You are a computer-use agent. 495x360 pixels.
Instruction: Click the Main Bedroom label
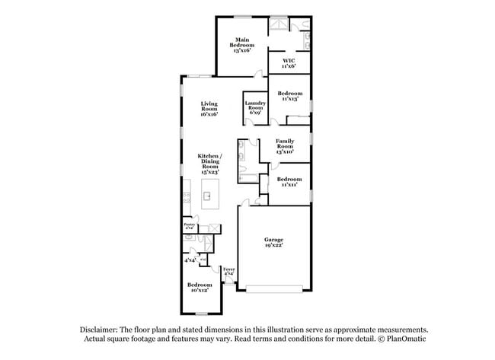point(241,43)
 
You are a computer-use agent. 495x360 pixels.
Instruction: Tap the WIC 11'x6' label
point(289,62)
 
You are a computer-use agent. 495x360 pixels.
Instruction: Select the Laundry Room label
point(254,108)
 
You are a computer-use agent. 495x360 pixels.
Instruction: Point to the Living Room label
point(209,108)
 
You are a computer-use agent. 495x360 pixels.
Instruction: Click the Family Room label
point(285,147)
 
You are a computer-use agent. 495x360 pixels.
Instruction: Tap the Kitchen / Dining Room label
point(209,164)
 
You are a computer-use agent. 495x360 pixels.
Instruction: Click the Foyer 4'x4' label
point(228,271)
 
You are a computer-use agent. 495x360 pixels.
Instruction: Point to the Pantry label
point(190,225)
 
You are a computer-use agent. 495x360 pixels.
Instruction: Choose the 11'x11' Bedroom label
point(289,181)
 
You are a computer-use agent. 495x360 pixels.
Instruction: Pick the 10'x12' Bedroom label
point(200,287)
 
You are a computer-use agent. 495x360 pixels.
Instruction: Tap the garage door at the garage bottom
point(273,288)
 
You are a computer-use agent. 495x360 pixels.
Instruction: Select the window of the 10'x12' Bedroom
point(201,314)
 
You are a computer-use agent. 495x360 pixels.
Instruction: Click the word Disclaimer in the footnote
point(102,329)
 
